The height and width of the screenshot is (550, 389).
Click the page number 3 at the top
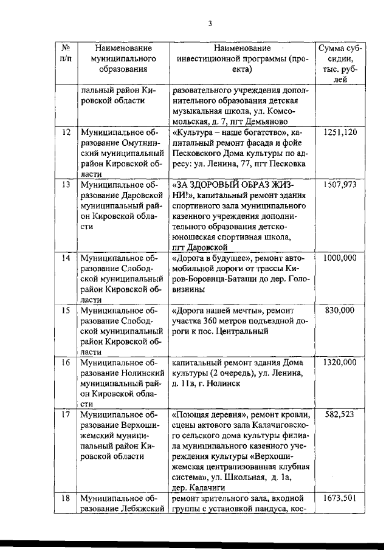pyautogui.click(x=209, y=24)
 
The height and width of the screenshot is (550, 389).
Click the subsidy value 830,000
pyautogui.click(x=340, y=310)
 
